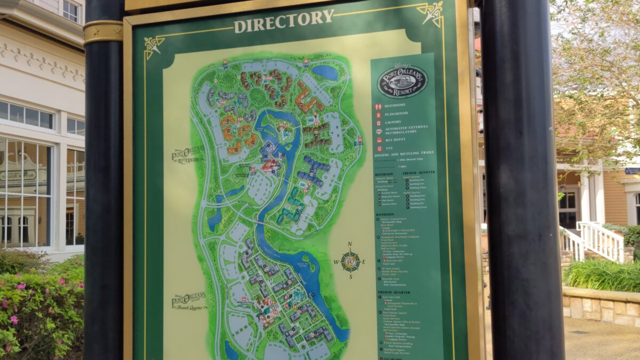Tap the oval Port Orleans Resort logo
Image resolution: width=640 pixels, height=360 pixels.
[x=402, y=82]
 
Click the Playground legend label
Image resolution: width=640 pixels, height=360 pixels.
[x=396, y=114]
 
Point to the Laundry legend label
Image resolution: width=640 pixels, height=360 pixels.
[x=393, y=122]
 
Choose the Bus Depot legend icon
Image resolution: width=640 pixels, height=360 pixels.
[x=379, y=140]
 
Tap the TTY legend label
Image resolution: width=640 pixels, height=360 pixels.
[x=389, y=148]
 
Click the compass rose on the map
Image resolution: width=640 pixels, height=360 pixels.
[x=350, y=261]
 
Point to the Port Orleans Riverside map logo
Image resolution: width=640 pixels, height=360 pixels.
[x=187, y=155]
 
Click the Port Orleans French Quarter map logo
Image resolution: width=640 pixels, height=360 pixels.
[x=188, y=302]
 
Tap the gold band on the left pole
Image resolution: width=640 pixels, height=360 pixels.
[x=103, y=31]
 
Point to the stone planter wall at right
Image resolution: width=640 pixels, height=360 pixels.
[x=601, y=306]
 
